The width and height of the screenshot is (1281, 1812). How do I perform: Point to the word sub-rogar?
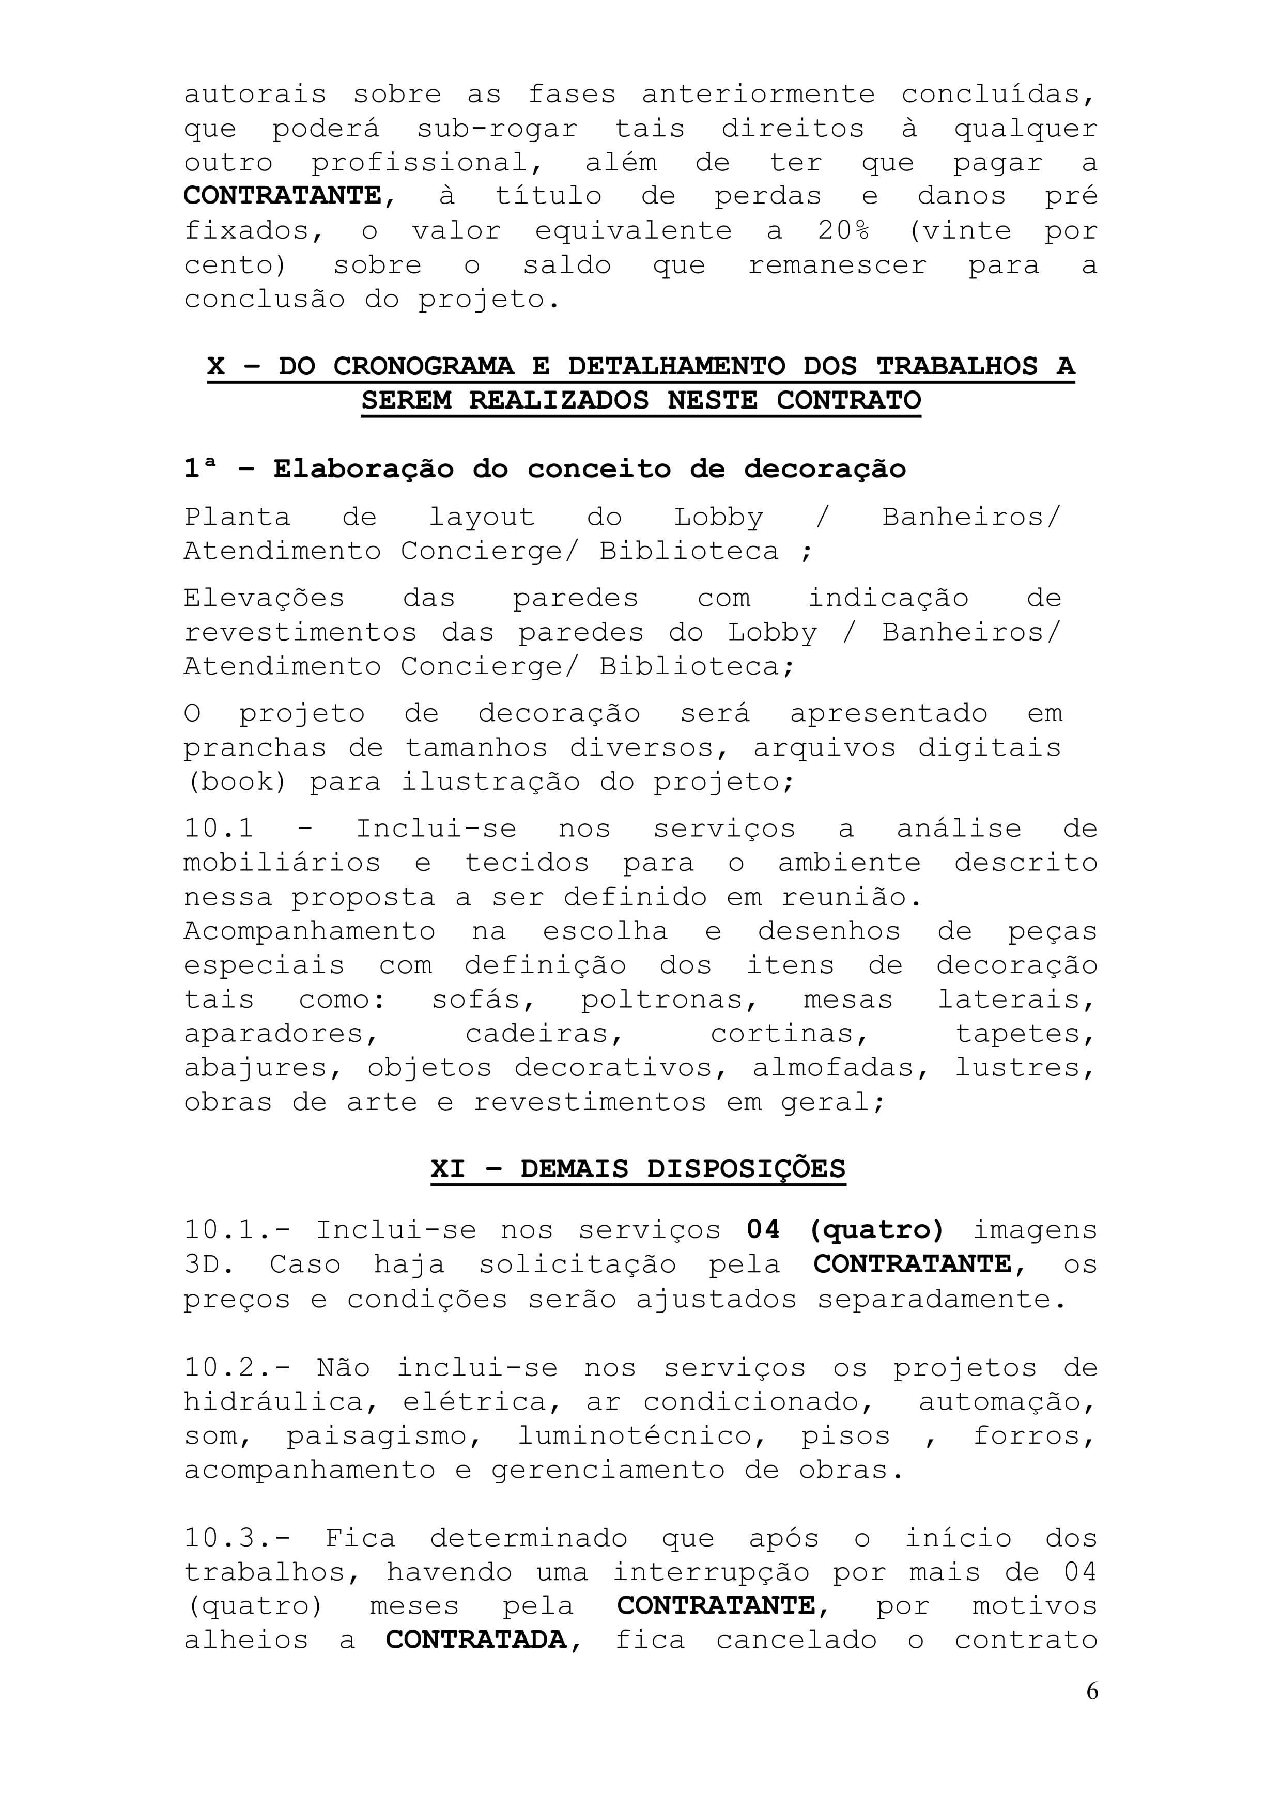click(497, 128)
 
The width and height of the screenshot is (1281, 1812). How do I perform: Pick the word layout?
click(482, 517)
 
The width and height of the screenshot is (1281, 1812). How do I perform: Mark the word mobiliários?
click(282, 863)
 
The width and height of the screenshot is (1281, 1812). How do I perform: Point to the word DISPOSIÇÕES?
click(746, 1168)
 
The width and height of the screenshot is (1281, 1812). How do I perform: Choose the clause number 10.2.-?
click(237, 1368)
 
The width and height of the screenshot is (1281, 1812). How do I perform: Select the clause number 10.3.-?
click(237, 1538)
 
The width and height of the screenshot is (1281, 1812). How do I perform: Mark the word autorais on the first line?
click(255, 94)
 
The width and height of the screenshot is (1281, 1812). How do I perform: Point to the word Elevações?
click(264, 598)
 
